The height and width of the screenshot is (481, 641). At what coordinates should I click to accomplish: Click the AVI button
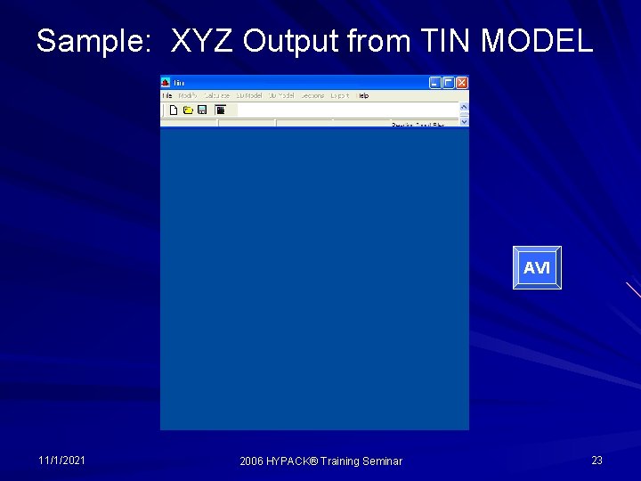[x=537, y=268]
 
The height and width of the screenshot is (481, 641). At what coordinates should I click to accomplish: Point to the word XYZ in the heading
[x=202, y=41]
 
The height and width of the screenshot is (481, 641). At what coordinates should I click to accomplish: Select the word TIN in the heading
[x=446, y=41]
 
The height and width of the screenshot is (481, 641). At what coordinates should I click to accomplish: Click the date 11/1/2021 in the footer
[x=62, y=461]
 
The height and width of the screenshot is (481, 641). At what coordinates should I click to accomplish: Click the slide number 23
[x=596, y=461]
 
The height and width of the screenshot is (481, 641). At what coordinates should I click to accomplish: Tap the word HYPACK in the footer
[x=293, y=461]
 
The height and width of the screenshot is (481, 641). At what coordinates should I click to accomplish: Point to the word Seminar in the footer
[x=382, y=461]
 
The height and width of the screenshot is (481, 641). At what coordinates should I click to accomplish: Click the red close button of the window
[x=462, y=83]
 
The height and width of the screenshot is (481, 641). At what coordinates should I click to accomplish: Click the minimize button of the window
[x=435, y=83]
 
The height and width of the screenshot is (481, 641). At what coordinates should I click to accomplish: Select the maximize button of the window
[x=449, y=83]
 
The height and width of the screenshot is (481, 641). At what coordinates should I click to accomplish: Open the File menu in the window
[x=166, y=95]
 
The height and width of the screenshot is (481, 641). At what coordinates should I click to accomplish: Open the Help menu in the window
[x=363, y=95]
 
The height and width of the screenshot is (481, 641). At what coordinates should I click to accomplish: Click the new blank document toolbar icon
[x=174, y=110]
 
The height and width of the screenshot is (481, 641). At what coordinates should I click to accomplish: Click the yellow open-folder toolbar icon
[x=188, y=110]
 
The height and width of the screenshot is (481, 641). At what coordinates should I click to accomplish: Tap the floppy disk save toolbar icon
[x=202, y=110]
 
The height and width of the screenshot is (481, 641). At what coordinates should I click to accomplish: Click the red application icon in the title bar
[x=166, y=83]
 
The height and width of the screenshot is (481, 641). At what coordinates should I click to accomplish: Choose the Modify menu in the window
[x=187, y=95]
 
